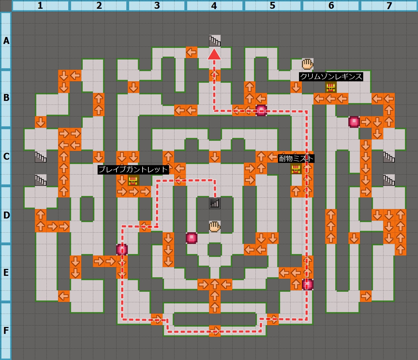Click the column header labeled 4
[x=214, y=6]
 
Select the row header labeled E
[x=6, y=273]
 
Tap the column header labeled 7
[x=389, y=6]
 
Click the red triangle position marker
[x=214, y=54]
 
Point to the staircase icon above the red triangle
[x=214, y=41]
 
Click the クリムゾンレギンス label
[x=331, y=77]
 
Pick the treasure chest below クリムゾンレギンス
[x=331, y=87]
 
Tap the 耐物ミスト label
[x=296, y=159]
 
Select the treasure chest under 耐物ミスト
[x=296, y=169]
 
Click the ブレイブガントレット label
[x=134, y=169]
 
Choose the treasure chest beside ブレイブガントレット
[x=134, y=180]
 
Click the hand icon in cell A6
[x=307, y=64]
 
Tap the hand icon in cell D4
[x=215, y=226]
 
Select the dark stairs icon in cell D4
[x=215, y=203]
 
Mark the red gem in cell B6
[x=354, y=122]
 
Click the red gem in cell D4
[x=192, y=238]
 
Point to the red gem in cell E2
[x=122, y=250]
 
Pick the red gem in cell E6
[x=308, y=285]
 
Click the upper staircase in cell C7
[x=389, y=157]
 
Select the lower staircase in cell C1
[x=41, y=180]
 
